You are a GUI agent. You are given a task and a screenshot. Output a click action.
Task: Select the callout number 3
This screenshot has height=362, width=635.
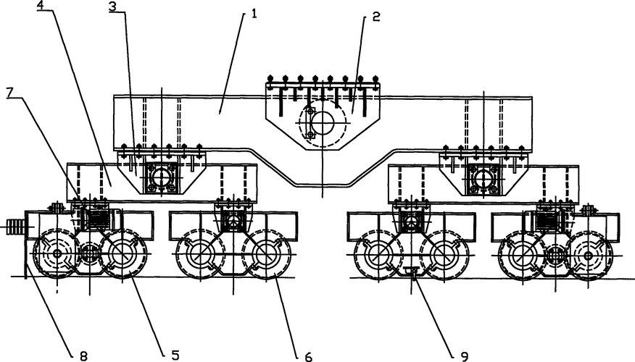point(113,7)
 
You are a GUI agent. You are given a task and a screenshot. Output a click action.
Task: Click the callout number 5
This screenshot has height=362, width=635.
point(175,355)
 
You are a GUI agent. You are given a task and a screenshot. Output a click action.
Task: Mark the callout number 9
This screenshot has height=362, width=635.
point(464,355)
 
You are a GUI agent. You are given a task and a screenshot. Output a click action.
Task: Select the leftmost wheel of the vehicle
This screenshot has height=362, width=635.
point(57,254)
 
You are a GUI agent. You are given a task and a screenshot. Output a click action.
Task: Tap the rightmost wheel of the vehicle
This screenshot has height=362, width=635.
point(589,256)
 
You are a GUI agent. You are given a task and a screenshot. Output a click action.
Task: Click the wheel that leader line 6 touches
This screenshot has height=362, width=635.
point(266,256)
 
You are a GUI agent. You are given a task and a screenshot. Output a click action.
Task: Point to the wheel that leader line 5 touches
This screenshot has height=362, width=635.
point(123,255)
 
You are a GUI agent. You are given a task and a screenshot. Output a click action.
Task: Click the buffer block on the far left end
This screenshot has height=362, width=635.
point(13,227)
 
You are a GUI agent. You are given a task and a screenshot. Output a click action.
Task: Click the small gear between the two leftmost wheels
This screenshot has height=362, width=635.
point(89,254)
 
